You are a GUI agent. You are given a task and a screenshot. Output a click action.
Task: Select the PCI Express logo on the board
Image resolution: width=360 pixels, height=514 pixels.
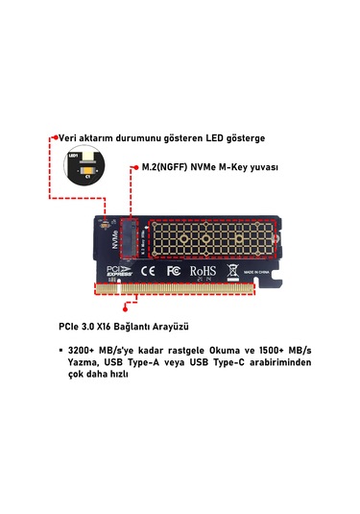(x=114, y=272)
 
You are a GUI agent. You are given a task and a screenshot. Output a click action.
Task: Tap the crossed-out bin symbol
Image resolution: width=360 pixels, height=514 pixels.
(x=230, y=272)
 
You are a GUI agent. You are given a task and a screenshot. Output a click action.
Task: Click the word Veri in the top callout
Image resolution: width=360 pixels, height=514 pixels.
(x=69, y=138)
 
